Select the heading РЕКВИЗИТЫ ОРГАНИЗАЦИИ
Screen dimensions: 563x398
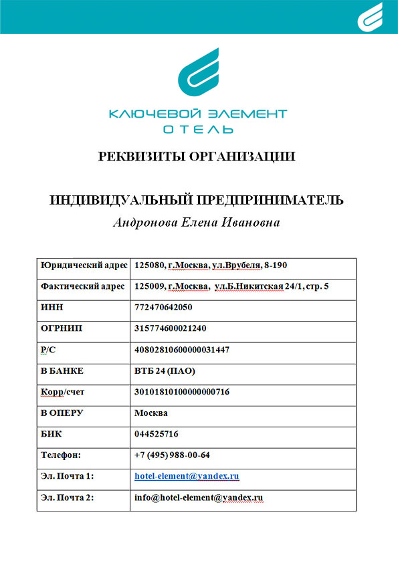197,157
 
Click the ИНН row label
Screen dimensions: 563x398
51,308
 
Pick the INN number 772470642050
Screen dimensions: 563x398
163,308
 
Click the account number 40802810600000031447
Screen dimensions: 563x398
182,350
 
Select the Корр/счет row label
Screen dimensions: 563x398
62,392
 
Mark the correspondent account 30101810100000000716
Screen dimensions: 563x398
182,392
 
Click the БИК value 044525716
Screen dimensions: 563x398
156,434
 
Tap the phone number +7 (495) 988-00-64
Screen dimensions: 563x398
172,455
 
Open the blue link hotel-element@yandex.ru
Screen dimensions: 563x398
187,476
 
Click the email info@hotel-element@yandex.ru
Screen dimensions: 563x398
199,498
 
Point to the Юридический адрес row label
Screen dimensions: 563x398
84,265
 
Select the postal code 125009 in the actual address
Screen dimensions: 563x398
148,286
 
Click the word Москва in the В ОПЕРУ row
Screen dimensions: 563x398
151,413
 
